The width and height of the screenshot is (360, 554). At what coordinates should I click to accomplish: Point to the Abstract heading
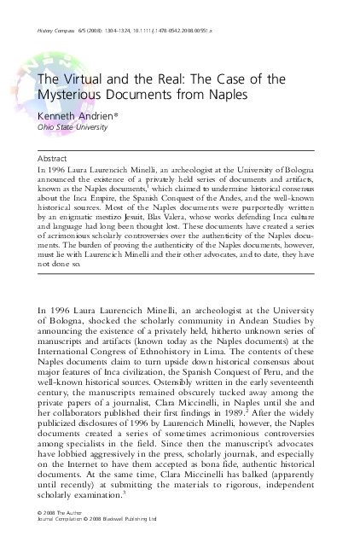click(54, 159)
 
